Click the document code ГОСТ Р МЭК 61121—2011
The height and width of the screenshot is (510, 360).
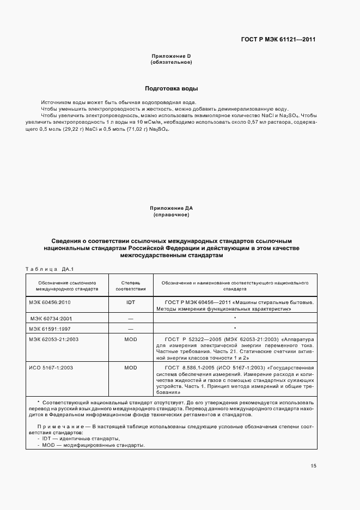click(279, 39)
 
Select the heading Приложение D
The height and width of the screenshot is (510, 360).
click(170, 56)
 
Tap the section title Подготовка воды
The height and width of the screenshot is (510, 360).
click(171, 88)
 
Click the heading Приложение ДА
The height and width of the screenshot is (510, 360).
click(172, 208)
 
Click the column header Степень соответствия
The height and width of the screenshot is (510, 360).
click(130, 287)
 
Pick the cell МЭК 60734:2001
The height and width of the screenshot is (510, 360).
click(51, 318)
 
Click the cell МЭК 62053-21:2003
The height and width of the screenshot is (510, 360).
click(54, 339)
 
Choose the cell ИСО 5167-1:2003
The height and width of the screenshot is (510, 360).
click(51, 368)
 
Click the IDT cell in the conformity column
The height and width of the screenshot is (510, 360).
click(130, 301)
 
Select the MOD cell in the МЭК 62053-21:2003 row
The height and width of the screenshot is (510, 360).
click(130, 339)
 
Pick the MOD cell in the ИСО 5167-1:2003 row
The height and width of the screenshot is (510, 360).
click(130, 368)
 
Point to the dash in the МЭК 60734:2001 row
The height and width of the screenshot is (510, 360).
click(130, 318)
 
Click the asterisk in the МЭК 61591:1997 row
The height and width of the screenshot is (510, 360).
click(234, 329)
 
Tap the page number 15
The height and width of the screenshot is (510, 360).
click(313, 466)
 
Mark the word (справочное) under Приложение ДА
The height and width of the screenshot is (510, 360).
click(171, 215)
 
